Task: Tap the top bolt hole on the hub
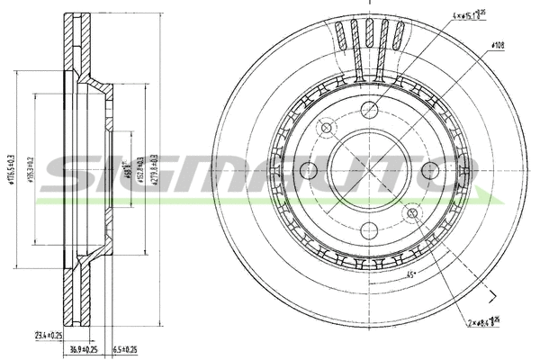pos(370,110)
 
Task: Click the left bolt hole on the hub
pos(310,169)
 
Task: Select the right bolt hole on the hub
pos(430,169)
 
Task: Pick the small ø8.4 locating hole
pos(413,212)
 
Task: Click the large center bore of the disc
pos(370,169)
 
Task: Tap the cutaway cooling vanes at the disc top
pos(369,40)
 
